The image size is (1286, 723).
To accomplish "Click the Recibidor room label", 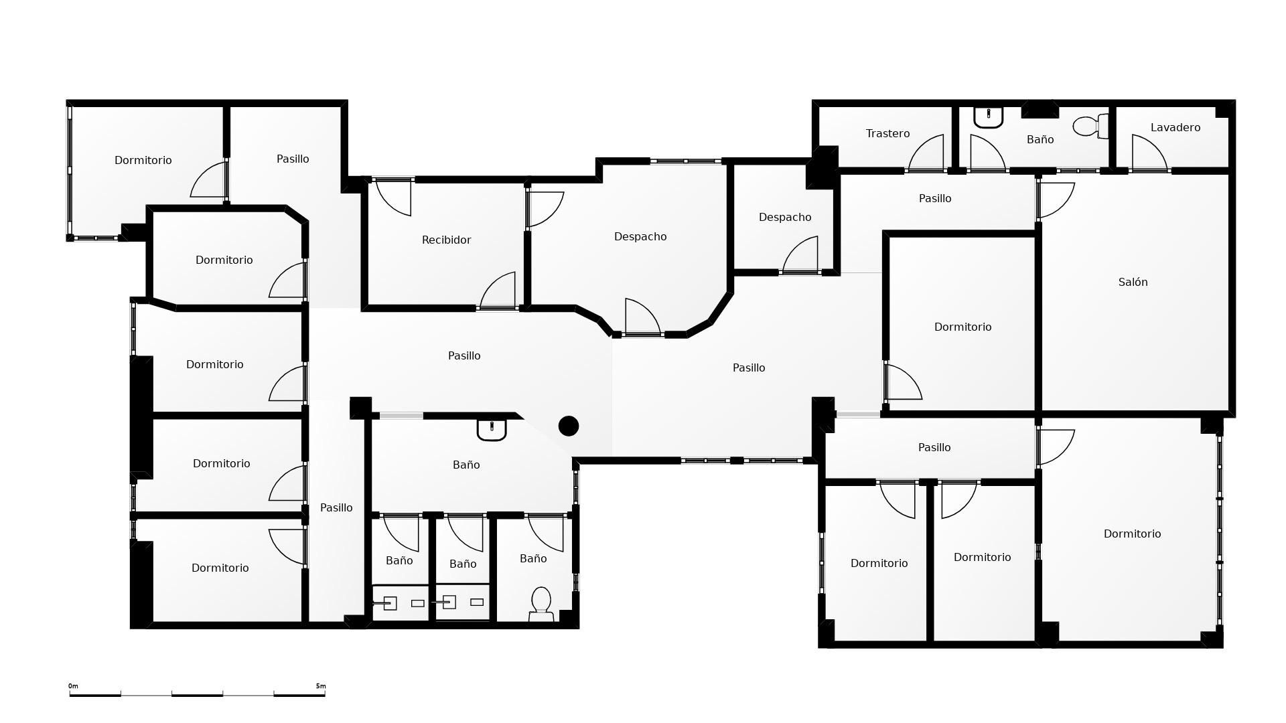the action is click(446, 240).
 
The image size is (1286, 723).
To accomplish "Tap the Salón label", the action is click(1133, 282).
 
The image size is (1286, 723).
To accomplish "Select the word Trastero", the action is click(887, 133).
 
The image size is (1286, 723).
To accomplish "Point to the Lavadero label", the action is click(1175, 127).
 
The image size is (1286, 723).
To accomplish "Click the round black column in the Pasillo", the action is click(569, 426).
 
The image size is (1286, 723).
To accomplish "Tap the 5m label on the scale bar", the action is click(321, 686).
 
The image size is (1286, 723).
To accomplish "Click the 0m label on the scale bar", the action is click(73, 686).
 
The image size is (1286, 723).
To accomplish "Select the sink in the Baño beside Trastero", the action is click(988, 117).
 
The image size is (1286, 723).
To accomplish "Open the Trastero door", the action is click(926, 153).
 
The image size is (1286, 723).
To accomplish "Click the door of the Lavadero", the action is click(1149, 153).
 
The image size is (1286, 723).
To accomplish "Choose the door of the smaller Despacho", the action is click(800, 255).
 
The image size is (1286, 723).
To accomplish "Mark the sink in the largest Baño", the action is click(492, 430).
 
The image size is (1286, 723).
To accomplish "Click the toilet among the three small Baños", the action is click(541, 605).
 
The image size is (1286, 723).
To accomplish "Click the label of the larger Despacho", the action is click(640, 236).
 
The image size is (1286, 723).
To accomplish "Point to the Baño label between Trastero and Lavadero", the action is click(1040, 139).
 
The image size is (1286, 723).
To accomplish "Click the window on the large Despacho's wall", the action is click(686, 161).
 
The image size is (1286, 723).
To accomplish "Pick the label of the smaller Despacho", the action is click(785, 217).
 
